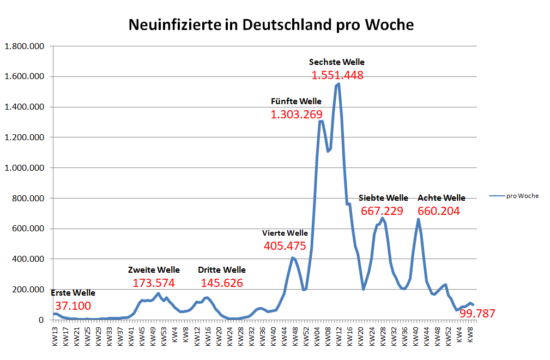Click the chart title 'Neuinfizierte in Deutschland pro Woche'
(271, 25)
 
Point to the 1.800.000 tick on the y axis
(24, 46)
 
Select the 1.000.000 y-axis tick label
(24, 168)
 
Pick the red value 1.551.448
(337, 75)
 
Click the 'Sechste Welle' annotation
(336, 62)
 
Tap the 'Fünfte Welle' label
(296, 101)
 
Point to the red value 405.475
(285, 246)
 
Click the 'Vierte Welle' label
(285, 233)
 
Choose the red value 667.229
(382, 211)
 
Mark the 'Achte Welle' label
(441, 197)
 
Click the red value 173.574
(154, 283)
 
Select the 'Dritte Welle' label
(221, 270)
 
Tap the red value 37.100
(73, 306)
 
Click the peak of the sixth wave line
(339, 84)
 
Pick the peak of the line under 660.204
(418, 219)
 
